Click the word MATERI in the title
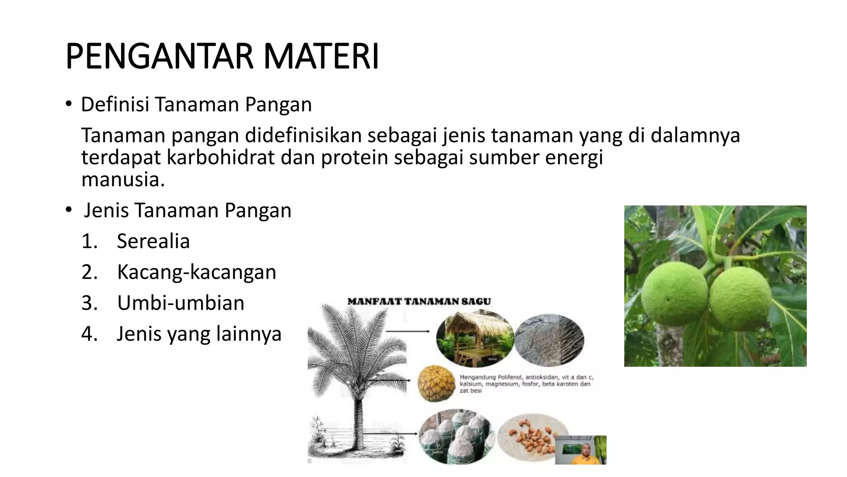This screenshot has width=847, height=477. [x=321, y=57]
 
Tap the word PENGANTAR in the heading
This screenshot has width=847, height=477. [x=159, y=57]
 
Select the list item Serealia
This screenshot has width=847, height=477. [x=153, y=241]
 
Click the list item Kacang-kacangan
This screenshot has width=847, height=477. [x=196, y=272]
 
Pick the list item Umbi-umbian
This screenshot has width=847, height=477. [x=181, y=303]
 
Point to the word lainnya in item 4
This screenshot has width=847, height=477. [x=254, y=334]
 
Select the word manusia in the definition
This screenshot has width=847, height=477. [x=123, y=180]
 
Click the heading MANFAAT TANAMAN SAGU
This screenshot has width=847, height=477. [x=419, y=301]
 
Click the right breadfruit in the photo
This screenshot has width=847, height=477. [x=740, y=298]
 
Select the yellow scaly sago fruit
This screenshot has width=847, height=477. [x=436, y=383]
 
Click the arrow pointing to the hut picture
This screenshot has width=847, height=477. [x=407, y=331]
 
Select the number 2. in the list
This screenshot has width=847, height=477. [x=89, y=272]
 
